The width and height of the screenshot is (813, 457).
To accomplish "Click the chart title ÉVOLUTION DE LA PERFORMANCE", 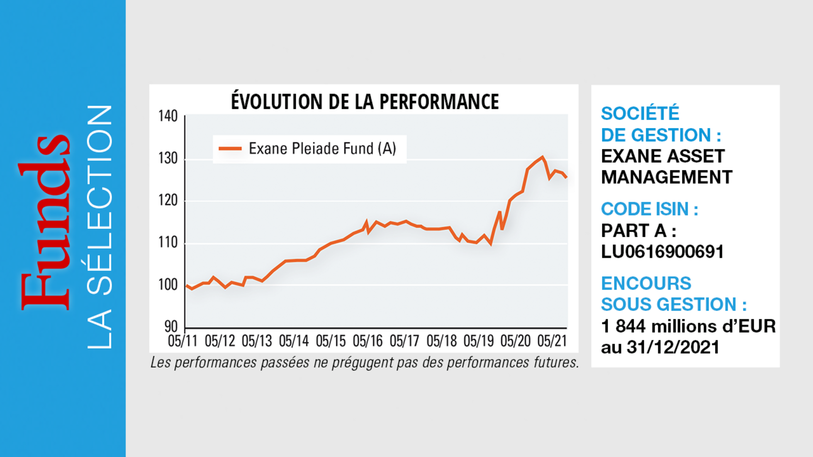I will pos(365,102).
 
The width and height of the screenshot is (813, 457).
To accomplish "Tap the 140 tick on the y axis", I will pos(168,116).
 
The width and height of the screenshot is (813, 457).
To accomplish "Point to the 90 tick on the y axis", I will pos(171,327).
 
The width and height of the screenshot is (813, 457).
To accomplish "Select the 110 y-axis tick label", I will pos(168,242).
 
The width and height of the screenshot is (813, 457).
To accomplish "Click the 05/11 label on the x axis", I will pos(183,341).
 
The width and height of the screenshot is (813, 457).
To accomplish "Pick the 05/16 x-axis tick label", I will pos(368,341).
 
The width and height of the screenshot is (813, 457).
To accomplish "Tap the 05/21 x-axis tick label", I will pos(552,341).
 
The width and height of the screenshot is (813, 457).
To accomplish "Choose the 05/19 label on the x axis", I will pos(478,341).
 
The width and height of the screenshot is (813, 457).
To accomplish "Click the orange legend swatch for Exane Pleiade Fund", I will pos(230,149).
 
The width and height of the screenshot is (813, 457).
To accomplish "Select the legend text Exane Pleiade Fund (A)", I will pos(322,149).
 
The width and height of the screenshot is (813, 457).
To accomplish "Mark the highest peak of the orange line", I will pos(543,157).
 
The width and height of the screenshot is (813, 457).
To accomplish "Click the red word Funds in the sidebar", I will pos(45,222).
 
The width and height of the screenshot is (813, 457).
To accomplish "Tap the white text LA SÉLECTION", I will pos(100,226).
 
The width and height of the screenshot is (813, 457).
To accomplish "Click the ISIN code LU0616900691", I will pos(662,252).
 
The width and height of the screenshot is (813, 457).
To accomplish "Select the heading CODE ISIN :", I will pos(649,209).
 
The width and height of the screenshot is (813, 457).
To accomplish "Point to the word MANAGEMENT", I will pos(666,177).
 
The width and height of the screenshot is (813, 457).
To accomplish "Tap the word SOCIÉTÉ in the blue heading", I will pos(640,113).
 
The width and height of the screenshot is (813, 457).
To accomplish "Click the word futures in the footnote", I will pos(556,363).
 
